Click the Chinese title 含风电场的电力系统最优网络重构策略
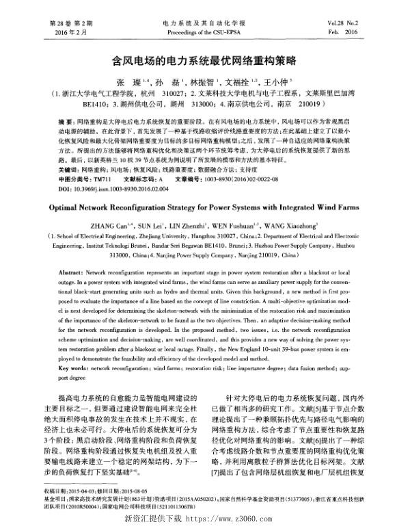point(197,60)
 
